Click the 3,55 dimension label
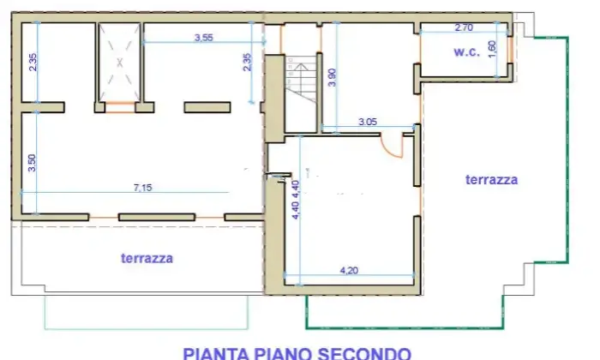(204, 38)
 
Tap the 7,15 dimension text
(143, 188)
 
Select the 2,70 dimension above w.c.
(464, 27)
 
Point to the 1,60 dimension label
(492, 49)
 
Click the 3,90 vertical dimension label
(333, 77)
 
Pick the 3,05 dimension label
(368, 122)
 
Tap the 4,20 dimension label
(349, 270)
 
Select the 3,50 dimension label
(33, 163)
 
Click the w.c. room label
(467, 51)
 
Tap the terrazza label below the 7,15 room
(147, 258)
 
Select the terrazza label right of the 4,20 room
(492, 179)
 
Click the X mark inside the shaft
(120, 63)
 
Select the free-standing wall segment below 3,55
(207, 107)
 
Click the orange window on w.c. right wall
(510, 50)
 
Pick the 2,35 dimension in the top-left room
(33, 62)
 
